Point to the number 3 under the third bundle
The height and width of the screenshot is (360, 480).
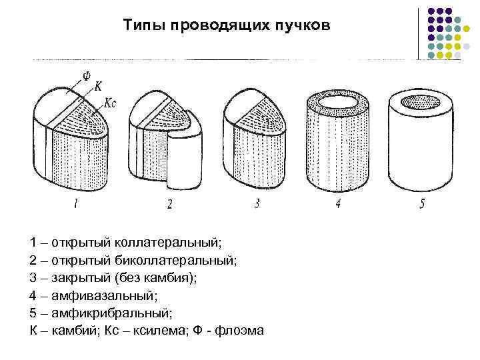tap(257, 204)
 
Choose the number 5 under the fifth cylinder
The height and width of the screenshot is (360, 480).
tap(421, 204)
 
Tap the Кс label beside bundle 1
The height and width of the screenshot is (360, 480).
tap(111, 104)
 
